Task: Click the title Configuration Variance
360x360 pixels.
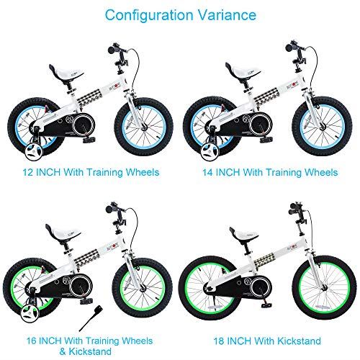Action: [x=180, y=14]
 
